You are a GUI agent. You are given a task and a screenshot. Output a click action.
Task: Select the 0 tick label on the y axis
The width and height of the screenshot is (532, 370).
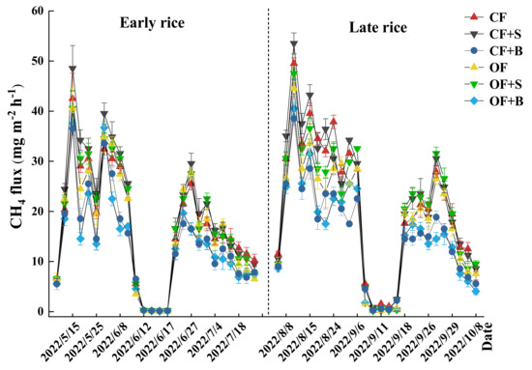pyautogui.click(x=42, y=311)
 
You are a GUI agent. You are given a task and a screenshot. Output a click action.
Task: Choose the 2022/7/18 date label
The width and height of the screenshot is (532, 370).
pyautogui.click(x=241, y=343)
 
